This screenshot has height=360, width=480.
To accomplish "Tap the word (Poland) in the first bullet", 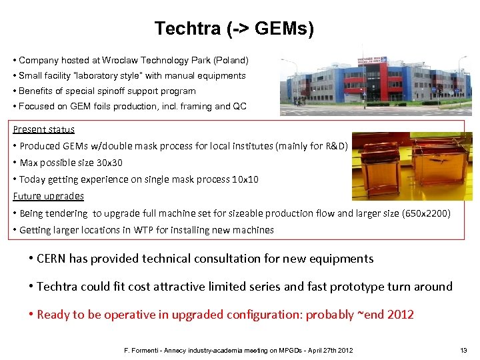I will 230,60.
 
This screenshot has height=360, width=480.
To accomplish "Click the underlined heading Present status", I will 43,129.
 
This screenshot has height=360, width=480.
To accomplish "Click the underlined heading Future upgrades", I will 48,196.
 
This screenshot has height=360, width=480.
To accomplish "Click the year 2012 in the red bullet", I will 399,315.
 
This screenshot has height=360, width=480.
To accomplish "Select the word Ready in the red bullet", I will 53,315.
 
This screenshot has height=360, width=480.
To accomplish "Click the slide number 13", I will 463,351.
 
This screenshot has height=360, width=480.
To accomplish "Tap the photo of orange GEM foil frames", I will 411,167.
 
